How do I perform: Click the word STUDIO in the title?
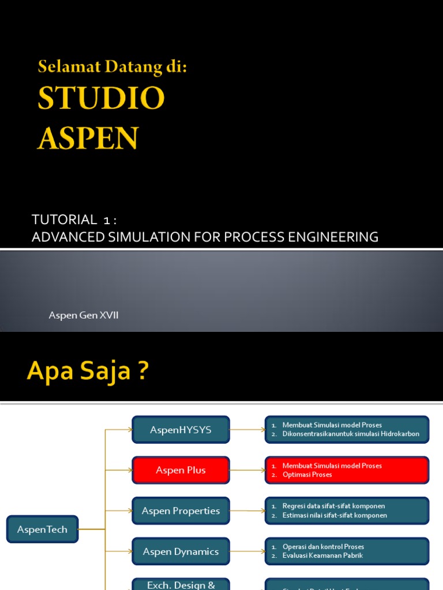point(101,99)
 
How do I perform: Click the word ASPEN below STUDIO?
point(88,138)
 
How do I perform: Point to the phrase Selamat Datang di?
point(112,67)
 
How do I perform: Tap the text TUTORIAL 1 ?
point(74,220)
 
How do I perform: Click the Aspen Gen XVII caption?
point(84,316)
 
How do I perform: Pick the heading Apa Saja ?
point(88,372)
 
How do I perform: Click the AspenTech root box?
point(42,529)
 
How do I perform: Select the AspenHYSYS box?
point(181,430)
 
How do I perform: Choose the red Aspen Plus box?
point(181,470)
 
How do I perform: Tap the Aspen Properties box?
point(181,511)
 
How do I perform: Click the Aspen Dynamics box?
point(181,551)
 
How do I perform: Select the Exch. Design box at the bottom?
point(181,584)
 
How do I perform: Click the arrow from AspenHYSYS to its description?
point(247,430)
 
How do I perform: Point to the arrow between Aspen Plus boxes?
point(247,470)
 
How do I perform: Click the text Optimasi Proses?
point(307,475)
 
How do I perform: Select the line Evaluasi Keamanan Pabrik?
point(322,555)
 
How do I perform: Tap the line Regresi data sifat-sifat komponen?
point(333,506)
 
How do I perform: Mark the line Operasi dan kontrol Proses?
point(323,546)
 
